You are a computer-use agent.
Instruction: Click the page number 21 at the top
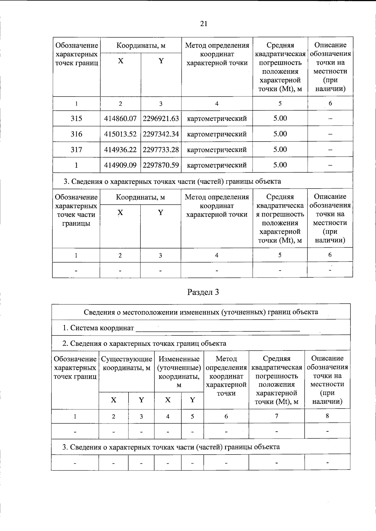[203, 24]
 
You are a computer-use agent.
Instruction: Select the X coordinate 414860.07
[120, 119]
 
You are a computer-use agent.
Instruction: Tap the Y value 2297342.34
[161, 134]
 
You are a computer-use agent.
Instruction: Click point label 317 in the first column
[76, 150]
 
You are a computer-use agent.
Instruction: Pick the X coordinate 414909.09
[120, 165]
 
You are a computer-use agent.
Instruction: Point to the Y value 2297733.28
[161, 150]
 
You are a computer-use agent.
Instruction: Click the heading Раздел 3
[203, 292]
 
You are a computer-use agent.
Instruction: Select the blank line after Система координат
[218, 329]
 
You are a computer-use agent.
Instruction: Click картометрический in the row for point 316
[217, 134]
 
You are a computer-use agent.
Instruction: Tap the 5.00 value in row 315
[280, 118]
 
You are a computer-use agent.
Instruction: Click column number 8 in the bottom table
[327, 416]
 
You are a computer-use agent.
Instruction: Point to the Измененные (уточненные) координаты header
[179, 372]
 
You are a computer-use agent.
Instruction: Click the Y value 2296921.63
[161, 119]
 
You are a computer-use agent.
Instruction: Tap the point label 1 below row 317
[76, 165]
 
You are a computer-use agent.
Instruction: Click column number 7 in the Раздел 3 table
[276, 416]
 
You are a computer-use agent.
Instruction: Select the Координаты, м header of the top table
[141, 46]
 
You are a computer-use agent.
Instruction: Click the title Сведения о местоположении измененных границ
[201, 312]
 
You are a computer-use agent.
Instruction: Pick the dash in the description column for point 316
[330, 134]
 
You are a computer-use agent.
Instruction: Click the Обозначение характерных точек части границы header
[76, 210]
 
